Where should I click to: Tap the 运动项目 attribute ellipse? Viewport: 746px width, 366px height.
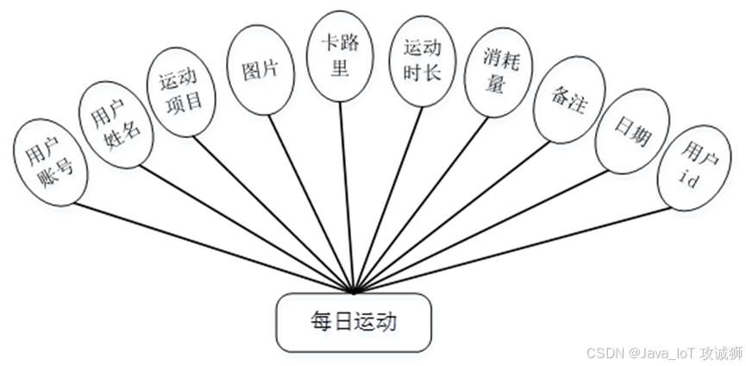click(180, 91)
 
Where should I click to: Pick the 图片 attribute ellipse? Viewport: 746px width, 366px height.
click(260, 72)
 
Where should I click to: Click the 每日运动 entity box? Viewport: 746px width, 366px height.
click(353, 323)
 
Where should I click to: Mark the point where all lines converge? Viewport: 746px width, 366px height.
click(353, 291)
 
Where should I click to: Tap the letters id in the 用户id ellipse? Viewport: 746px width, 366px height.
click(687, 178)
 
